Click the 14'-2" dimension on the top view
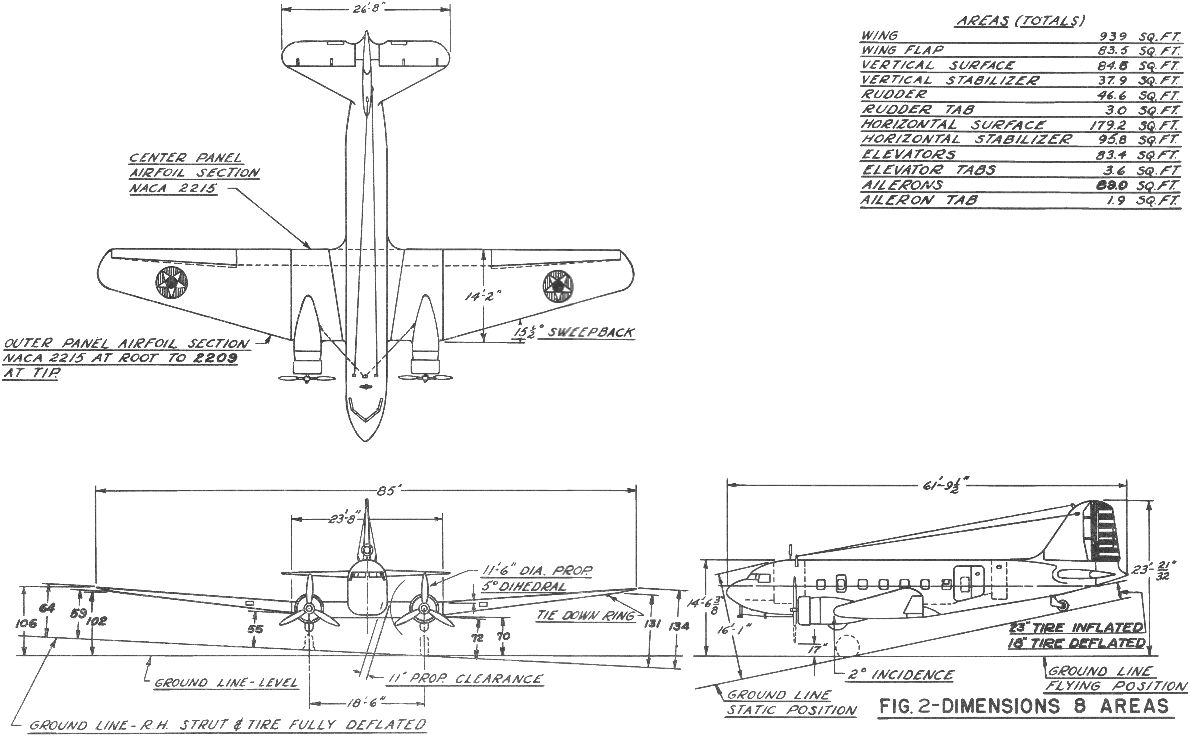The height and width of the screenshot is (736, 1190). [483, 296]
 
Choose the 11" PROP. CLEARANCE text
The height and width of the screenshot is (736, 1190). [465, 679]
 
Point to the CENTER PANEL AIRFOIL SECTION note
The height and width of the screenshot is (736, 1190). [194, 173]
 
